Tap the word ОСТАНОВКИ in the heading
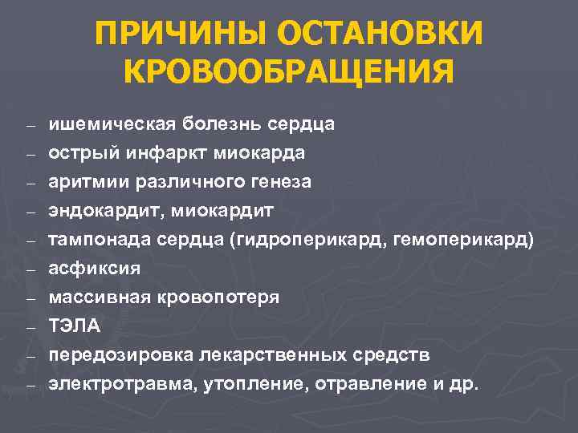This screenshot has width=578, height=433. pyautogui.click(x=381, y=34)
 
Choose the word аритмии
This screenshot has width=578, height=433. pyautogui.click(x=83, y=182)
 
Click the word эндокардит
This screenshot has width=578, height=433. pyautogui.click(x=102, y=211)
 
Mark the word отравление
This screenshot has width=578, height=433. pyautogui.click(x=358, y=384)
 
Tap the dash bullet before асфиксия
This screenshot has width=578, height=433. pyautogui.click(x=30, y=269)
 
